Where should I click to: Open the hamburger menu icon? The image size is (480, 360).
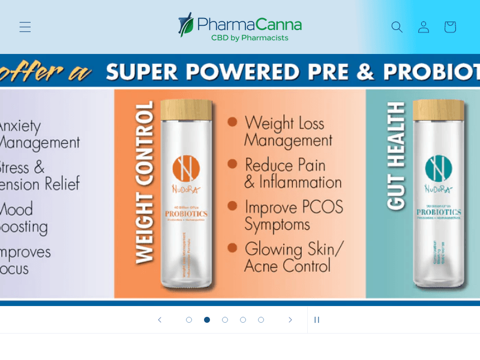[25, 27]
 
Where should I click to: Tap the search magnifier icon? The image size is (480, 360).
[397, 27]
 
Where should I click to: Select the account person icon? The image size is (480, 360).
[424, 27]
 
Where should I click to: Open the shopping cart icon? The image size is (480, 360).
[450, 27]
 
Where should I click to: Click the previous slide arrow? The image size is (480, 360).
[160, 320]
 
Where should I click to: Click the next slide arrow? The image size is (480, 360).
[290, 320]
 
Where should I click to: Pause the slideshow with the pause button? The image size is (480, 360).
[317, 320]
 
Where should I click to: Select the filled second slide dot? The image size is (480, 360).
[207, 320]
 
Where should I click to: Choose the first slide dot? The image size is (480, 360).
[189, 320]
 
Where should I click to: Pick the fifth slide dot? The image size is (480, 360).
[261, 320]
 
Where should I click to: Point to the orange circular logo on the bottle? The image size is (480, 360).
[186, 169]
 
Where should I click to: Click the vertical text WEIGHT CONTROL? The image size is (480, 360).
[144, 183]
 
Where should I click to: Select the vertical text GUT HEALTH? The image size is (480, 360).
[396, 156]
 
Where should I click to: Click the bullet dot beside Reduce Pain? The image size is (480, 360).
[232, 163]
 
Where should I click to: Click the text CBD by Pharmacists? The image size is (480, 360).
[250, 38]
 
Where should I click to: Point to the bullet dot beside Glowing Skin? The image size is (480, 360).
[232, 247]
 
